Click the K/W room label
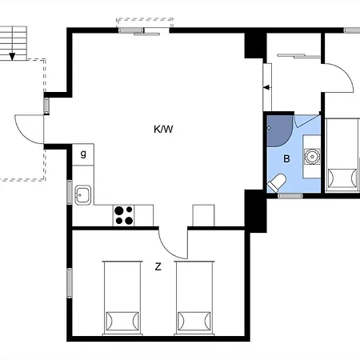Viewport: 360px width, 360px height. click(x=163, y=130)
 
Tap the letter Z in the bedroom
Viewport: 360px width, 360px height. click(x=158, y=266)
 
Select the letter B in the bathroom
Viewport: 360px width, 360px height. click(x=286, y=159)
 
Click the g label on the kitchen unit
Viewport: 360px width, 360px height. click(x=83, y=154)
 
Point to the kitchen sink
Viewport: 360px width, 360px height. click(x=83, y=195)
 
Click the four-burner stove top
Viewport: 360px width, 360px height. click(x=123, y=215)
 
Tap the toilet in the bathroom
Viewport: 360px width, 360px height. click(x=277, y=182)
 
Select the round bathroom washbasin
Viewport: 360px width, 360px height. click(x=312, y=157)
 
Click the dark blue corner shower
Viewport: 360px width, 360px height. click(x=280, y=131)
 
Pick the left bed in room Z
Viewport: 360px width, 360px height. click(x=122, y=298)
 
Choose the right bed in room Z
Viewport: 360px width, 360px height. click(x=194, y=298)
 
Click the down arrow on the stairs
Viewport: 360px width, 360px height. click(x=12, y=56)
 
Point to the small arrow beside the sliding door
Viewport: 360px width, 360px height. click(x=267, y=87)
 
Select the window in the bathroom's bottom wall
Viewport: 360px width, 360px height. click(x=290, y=196)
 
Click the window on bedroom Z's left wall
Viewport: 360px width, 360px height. click(x=70, y=283)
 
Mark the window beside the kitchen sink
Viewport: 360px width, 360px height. click(x=70, y=192)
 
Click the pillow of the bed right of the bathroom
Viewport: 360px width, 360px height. click(x=342, y=178)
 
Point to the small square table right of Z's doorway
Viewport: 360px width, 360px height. click(x=203, y=215)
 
